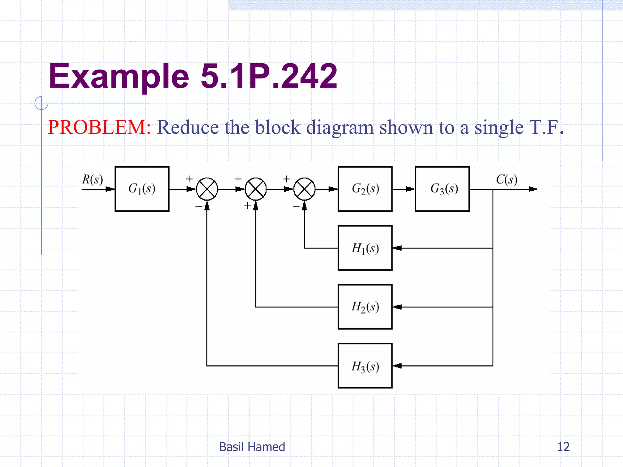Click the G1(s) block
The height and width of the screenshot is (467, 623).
[142, 189]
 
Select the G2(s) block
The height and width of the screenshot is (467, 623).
[365, 189]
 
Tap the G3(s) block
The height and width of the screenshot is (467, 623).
[442, 189]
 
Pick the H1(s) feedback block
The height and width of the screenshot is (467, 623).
[365, 248]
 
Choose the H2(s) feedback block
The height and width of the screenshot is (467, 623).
[365, 307]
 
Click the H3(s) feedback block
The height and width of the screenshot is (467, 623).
[365, 366]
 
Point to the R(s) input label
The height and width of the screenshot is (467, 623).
[92, 179]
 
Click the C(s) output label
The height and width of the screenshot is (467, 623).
[506, 179]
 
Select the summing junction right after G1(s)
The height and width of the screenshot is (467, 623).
[207, 189]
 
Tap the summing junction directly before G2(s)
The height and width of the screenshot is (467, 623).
[304, 189]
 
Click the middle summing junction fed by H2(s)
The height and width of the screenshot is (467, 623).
[256, 189]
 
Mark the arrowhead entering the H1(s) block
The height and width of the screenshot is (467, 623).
[397, 248]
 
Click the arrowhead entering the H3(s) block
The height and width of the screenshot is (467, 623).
[397, 366]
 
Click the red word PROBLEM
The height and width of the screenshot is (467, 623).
[97, 127]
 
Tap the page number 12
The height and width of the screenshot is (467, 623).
[563, 447]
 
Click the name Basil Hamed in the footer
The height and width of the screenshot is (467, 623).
[252, 447]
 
